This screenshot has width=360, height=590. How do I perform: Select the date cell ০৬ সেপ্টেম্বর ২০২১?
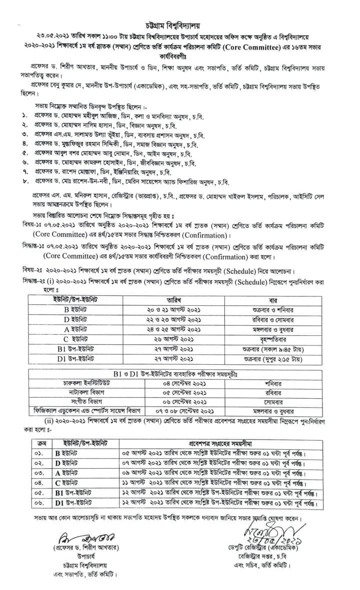pyautogui.click(x=187, y=402)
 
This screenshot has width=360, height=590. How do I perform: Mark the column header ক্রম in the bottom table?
pyautogui.click(x=38, y=443)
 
